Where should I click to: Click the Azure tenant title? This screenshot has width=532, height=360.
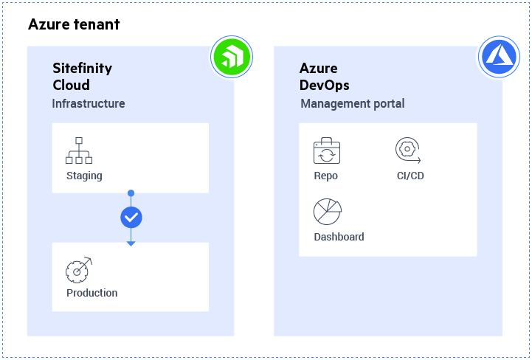(74, 24)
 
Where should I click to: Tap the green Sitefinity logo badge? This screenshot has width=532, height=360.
(232, 57)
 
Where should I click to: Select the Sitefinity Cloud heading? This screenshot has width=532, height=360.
(82, 76)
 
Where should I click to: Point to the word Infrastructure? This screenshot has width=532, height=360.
(88, 104)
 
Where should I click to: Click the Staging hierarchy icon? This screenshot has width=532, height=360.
(79, 150)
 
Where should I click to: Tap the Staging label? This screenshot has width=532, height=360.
(84, 176)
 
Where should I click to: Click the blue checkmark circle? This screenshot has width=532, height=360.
(131, 217)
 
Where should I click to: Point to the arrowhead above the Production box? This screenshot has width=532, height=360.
(131, 242)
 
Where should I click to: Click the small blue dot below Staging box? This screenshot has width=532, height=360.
(131, 193)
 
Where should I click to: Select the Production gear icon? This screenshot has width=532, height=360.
(79, 269)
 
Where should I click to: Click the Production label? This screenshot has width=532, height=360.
(91, 293)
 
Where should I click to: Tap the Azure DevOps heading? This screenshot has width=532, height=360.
(324, 76)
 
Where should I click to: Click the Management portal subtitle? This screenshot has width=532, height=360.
(352, 104)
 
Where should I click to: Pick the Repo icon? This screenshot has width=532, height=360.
(326, 151)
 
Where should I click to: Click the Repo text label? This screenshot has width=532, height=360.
(325, 176)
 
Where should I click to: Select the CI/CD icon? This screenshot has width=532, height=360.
(407, 150)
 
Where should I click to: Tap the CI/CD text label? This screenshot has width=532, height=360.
(410, 176)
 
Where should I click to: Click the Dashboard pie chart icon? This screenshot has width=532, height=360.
(327, 212)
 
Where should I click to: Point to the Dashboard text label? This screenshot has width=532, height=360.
(339, 237)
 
